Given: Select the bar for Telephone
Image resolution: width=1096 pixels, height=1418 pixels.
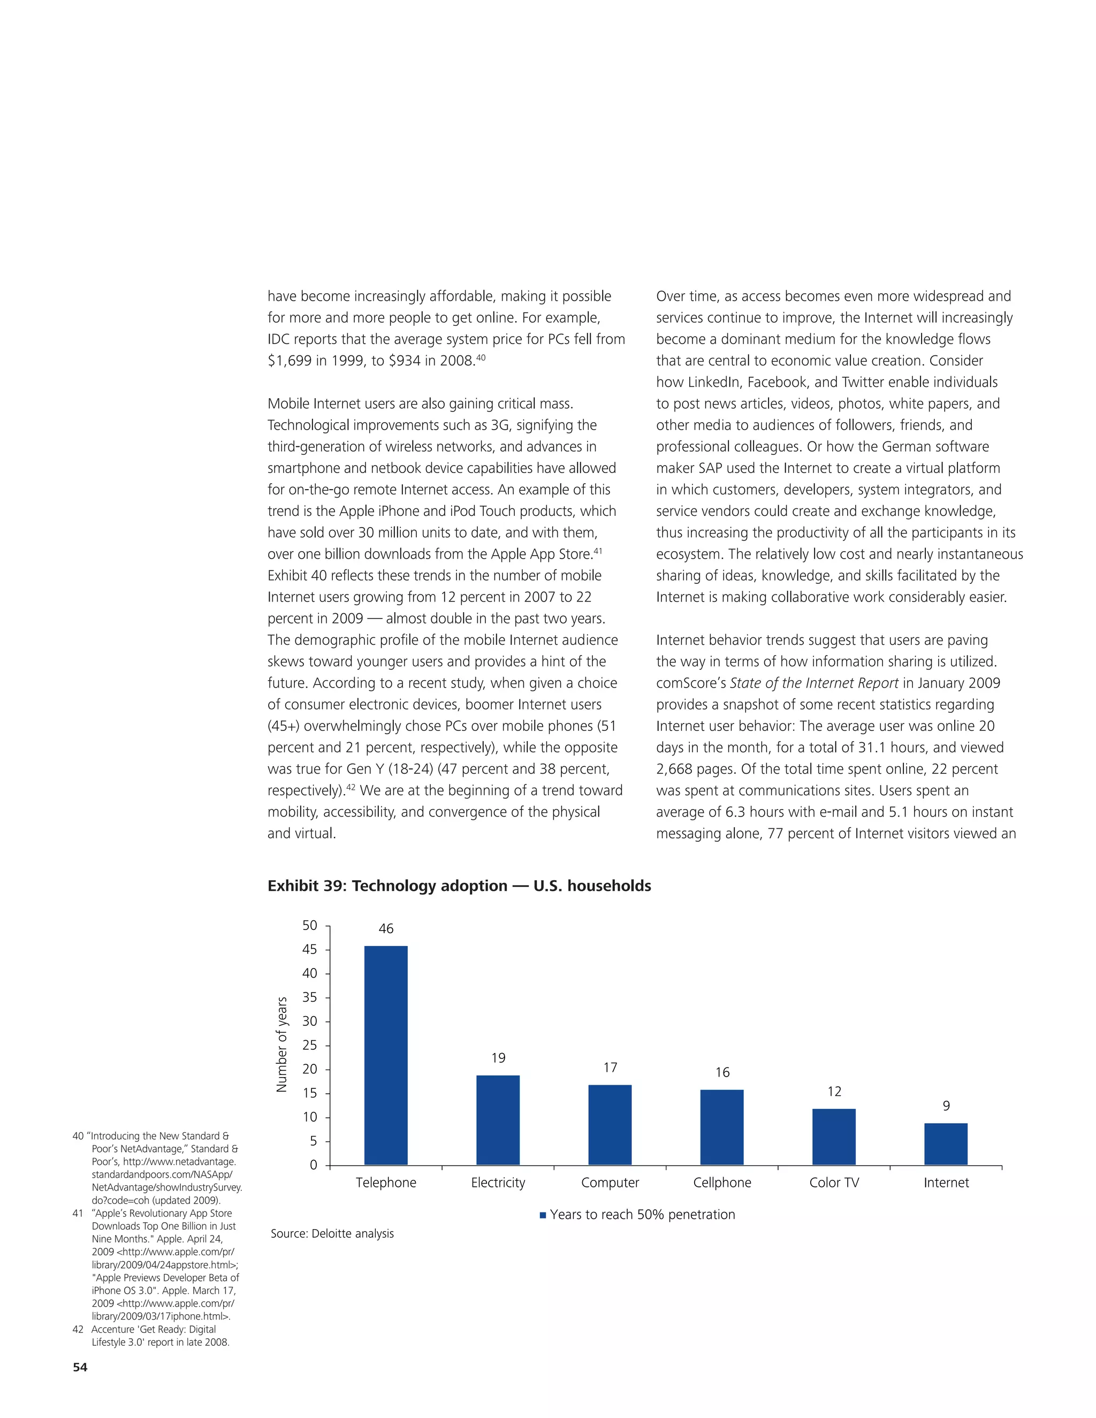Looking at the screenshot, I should [x=386, y=1055].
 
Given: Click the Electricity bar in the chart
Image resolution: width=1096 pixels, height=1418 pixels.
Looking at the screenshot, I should [x=498, y=1119].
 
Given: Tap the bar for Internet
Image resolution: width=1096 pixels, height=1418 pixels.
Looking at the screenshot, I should [x=946, y=1143].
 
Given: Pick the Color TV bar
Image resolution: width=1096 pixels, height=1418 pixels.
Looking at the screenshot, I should [x=834, y=1136].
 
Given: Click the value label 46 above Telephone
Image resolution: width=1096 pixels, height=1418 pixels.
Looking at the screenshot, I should [x=386, y=928].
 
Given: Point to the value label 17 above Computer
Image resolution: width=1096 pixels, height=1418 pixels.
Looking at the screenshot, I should [x=610, y=1068].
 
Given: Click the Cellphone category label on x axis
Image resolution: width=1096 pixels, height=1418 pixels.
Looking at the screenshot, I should [x=722, y=1183].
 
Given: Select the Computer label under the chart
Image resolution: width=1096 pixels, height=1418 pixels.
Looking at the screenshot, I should [x=610, y=1183].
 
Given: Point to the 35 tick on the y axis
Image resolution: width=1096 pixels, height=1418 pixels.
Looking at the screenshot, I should [x=310, y=997].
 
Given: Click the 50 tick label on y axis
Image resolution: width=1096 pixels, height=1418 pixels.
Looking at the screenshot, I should [x=310, y=925].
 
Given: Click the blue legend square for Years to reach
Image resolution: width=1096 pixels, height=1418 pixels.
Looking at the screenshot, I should [x=543, y=1215].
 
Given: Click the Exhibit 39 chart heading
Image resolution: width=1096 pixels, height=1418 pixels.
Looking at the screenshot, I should [x=459, y=886].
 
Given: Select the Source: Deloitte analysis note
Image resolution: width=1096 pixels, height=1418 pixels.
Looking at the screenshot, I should [x=332, y=1233].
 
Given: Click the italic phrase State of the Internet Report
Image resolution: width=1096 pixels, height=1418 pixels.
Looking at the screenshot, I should [x=813, y=683].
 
